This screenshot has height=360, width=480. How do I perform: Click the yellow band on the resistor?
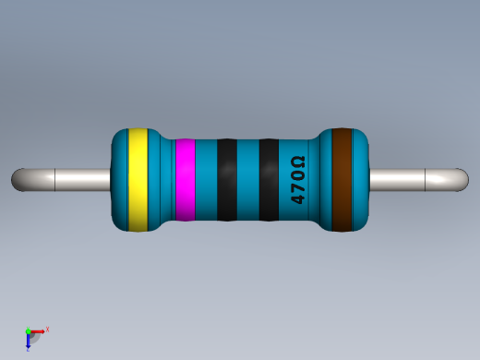pos(138,180)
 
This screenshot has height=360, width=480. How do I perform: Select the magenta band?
pos(185,180)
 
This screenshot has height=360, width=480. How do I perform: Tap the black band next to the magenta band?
pos(226,180)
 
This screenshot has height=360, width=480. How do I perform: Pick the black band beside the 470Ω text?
pos(269,180)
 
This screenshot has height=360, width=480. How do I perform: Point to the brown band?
pos(343,180)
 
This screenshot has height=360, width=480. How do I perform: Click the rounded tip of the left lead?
pos(18,179)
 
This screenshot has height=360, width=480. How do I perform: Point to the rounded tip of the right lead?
pos(461,179)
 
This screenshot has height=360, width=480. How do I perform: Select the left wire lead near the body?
pos(88,179)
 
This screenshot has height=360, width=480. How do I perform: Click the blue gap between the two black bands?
pos(247,180)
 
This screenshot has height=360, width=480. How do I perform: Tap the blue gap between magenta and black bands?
pos(206,180)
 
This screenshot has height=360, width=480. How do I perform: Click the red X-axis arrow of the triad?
pos(38,330)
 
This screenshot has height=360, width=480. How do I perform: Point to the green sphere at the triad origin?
pos(29,330)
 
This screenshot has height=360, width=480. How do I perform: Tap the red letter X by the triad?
pos(47,329)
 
